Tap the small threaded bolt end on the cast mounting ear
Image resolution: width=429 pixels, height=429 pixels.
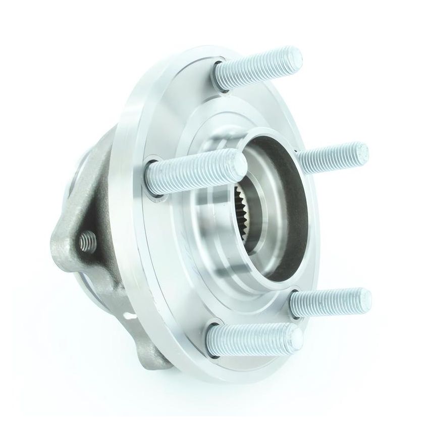[87, 239]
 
